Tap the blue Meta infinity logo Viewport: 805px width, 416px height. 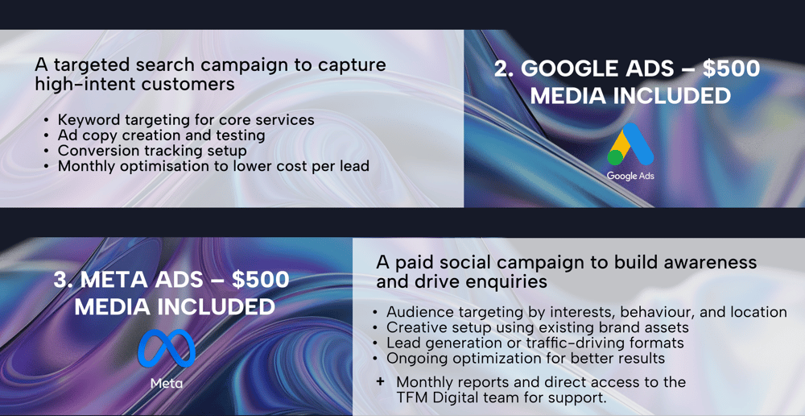click(167, 348)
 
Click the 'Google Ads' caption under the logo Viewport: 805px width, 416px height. click(630, 176)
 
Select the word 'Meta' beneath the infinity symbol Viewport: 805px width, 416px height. click(167, 383)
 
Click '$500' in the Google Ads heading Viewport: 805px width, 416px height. click(731, 69)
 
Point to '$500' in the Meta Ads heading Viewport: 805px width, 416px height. click(260, 280)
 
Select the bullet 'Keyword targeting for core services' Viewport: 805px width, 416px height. click(186, 120)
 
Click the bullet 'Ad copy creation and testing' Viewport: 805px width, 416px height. click(161, 135)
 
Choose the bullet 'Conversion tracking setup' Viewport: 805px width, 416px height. click(152, 152)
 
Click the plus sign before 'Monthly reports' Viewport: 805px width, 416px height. click(380, 382)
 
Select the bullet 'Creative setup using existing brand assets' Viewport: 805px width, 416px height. click(538, 327)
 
